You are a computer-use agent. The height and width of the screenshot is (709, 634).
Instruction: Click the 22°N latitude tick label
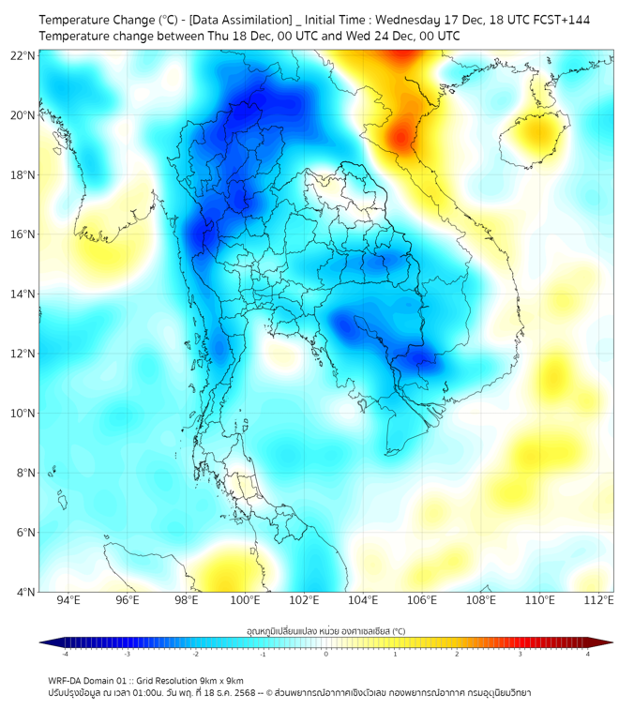tap(23, 55)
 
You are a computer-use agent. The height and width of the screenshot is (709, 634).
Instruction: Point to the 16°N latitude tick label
tap(23, 234)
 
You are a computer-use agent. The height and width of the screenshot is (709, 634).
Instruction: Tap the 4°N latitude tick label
tap(24, 592)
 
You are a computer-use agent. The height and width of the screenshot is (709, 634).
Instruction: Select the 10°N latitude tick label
tap(23, 413)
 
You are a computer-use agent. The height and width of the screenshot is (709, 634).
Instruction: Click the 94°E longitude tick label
tap(68, 600)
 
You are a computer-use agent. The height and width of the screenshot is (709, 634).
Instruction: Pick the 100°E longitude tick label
tap(245, 600)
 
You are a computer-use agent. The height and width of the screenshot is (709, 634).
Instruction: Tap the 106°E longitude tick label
tap(422, 600)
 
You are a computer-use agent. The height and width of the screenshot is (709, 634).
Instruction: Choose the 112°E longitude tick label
tap(598, 600)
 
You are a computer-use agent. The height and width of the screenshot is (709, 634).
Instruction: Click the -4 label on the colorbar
tap(65, 654)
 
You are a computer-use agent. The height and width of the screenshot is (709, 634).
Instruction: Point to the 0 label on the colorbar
tap(326, 654)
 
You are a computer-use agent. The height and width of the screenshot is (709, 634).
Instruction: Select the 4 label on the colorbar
tap(588, 654)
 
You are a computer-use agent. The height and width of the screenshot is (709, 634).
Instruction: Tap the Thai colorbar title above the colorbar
tap(325, 630)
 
